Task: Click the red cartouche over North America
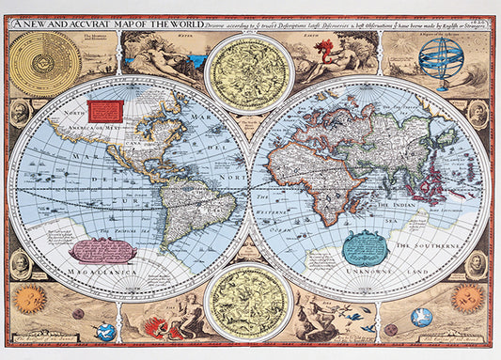point(105,112)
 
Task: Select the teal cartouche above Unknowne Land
point(365,247)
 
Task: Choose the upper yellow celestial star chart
point(249,70)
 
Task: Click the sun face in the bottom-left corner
point(29,299)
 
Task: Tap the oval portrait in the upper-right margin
point(478,113)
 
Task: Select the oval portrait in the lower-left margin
point(19,262)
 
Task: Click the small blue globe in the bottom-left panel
point(107,331)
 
